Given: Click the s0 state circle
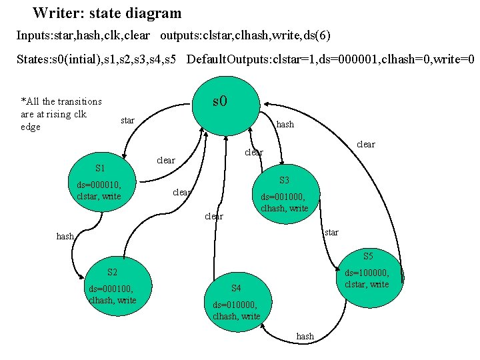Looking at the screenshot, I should click(220, 102).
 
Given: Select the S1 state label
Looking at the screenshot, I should click(101, 169).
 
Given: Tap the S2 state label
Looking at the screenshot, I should click(112, 272).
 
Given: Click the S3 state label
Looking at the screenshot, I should click(284, 181).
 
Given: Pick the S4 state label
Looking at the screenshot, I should click(235, 289).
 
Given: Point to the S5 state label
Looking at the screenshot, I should click(368, 256).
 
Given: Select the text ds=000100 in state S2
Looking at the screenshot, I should click(111, 289).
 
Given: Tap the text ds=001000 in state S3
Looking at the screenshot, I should click(283, 197).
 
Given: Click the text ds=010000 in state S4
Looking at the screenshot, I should click(235, 305).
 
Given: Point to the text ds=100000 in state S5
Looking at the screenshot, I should click(367, 273).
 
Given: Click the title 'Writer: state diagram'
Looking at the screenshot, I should click(107, 13).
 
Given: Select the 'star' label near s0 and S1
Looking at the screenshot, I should click(127, 121).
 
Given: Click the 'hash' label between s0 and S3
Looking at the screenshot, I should click(285, 124).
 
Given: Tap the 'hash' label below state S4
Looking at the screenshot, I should click(305, 337).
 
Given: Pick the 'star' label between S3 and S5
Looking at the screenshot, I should click(331, 232).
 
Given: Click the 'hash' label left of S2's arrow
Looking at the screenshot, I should click(65, 236).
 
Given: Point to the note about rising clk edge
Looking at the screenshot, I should click(61, 114).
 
